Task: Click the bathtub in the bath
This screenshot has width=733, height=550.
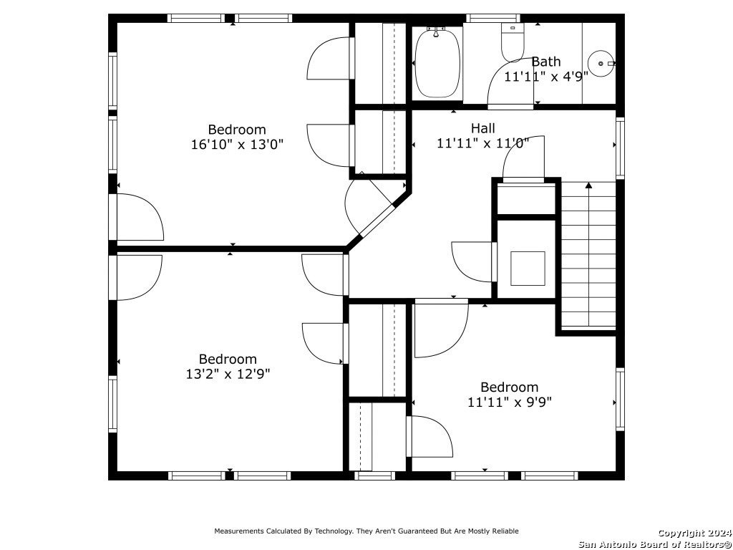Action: tap(437, 63)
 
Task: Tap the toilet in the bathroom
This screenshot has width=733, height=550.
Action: tap(513, 42)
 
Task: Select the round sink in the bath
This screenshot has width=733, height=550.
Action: tap(601, 63)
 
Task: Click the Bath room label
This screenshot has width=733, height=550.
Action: tap(546, 62)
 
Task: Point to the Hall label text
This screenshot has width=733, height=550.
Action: tap(483, 127)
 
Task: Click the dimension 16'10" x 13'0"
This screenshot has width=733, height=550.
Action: tap(237, 144)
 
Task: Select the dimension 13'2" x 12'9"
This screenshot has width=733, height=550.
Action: tap(228, 374)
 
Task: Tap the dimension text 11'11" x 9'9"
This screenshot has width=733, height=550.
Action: tap(510, 402)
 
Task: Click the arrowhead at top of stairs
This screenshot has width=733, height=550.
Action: tap(588, 185)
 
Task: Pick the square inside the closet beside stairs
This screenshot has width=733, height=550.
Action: tap(528, 269)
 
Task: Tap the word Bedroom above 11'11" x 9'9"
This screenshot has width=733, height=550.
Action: tap(510, 387)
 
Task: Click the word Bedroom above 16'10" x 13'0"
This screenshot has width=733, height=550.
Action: tap(237, 130)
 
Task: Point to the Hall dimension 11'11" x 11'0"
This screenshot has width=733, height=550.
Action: tap(483, 143)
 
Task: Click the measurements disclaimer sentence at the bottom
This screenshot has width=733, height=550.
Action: tap(366, 531)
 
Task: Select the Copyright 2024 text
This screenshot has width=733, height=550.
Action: tap(694, 533)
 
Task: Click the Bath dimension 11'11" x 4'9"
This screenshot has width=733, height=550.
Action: tap(546, 76)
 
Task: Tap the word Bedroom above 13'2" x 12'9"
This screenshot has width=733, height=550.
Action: tap(228, 360)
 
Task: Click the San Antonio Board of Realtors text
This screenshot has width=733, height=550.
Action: tap(655, 544)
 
